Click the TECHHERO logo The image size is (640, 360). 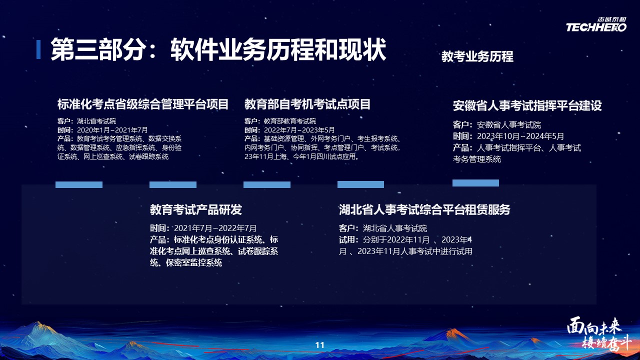pyautogui.click(x=596, y=24)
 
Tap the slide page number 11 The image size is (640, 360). pyautogui.click(x=319, y=345)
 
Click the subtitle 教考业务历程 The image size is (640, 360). pyautogui.click(x=477, y=56)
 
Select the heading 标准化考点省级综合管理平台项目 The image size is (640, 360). pyautogui.click(x=143, y=104)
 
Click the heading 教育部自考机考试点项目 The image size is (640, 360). pyautogui.click(x=307, y=104)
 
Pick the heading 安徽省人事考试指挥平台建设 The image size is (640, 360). pyautogui.click(x=527, y=105)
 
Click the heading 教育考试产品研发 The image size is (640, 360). pyautogui.click(x=196, y=209)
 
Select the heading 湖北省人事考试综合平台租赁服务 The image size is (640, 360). pyautogui.click(x=424, y=209)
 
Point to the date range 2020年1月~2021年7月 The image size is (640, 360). pyautogui.click(x=112, y=130)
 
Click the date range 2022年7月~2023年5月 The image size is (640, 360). pyautogui.click(x=299, y=130)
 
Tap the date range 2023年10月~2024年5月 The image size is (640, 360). pyautogui.click(x=520, y=136)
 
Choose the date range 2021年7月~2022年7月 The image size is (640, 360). pyautogui.click(x=215, y=228)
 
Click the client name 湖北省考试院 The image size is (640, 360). pyautogui.click(x=96, y=121)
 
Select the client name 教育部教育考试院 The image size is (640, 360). pyautogui.click(x=290, y=121)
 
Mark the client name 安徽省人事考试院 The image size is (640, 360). pyautogui.click(x=509, y=125)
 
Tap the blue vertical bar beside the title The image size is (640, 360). pyautogui.click(x=38, y=49)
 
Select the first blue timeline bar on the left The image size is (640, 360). pyautogui.click(x=79, y=184)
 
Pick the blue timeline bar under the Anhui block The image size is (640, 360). pyautogui.click(x=475, y=183)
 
